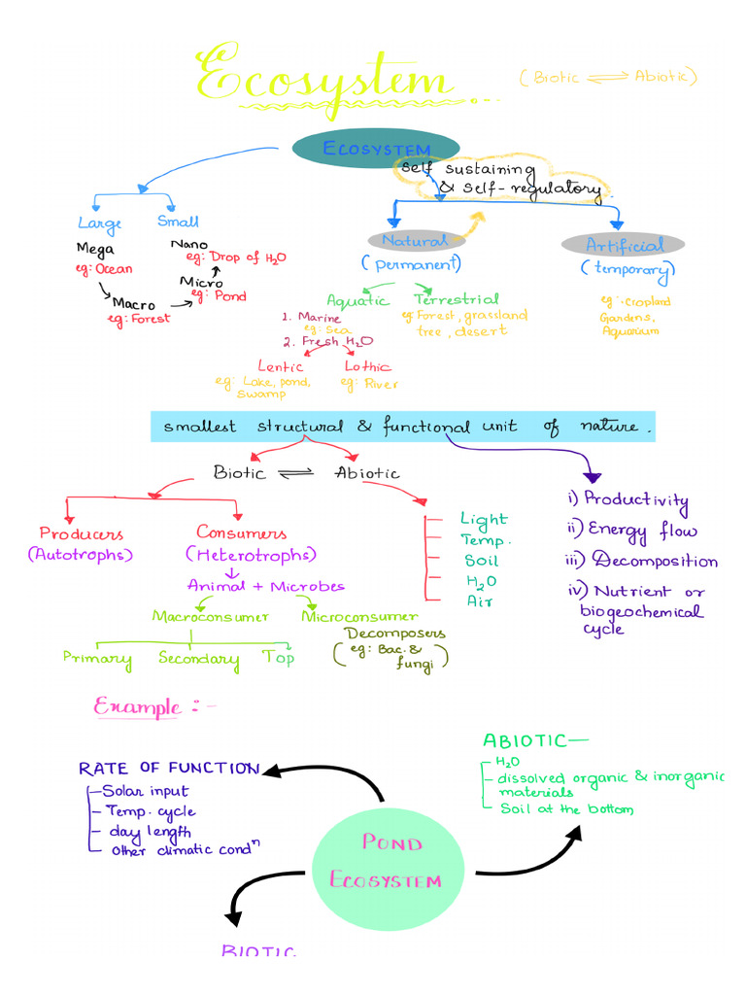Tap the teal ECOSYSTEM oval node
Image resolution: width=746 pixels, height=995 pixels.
pos(375,150)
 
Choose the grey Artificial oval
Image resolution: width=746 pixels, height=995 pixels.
pos(623,245)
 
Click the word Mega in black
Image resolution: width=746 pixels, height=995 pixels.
pos(95,249)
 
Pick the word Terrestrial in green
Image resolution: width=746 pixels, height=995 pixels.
pos(456,299)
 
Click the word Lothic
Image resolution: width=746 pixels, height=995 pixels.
pos(367,366)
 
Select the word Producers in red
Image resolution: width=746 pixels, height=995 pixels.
pos(81,533)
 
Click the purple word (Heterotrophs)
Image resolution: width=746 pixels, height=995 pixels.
pos(251,555)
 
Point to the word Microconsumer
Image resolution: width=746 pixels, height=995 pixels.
pos(359,616)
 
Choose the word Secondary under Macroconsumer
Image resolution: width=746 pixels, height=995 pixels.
pos(198,660)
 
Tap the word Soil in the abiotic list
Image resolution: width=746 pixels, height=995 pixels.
pos(482,561)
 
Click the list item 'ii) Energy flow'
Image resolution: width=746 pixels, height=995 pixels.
pos(631,531)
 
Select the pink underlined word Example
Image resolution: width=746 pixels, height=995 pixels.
pos(137,706)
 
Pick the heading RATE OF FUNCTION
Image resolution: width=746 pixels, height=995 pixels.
pos(168,769)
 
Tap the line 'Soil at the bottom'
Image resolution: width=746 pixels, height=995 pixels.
pos(565,808)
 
